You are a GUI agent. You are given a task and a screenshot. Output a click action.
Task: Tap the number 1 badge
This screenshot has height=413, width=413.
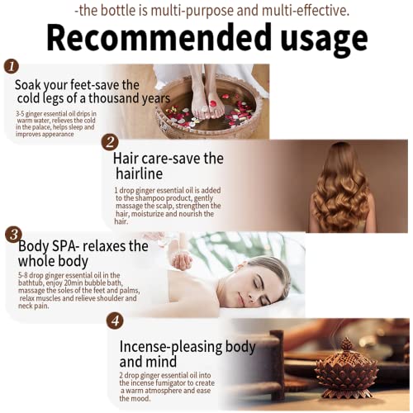[x=11, y=67]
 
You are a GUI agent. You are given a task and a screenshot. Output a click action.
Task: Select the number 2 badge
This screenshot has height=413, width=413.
[x=110, y=141]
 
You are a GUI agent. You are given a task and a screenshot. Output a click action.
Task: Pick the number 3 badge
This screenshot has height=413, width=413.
[x=12, y=234]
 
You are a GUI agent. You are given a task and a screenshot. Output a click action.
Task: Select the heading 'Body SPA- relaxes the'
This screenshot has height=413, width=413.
[x=82, y=245]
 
